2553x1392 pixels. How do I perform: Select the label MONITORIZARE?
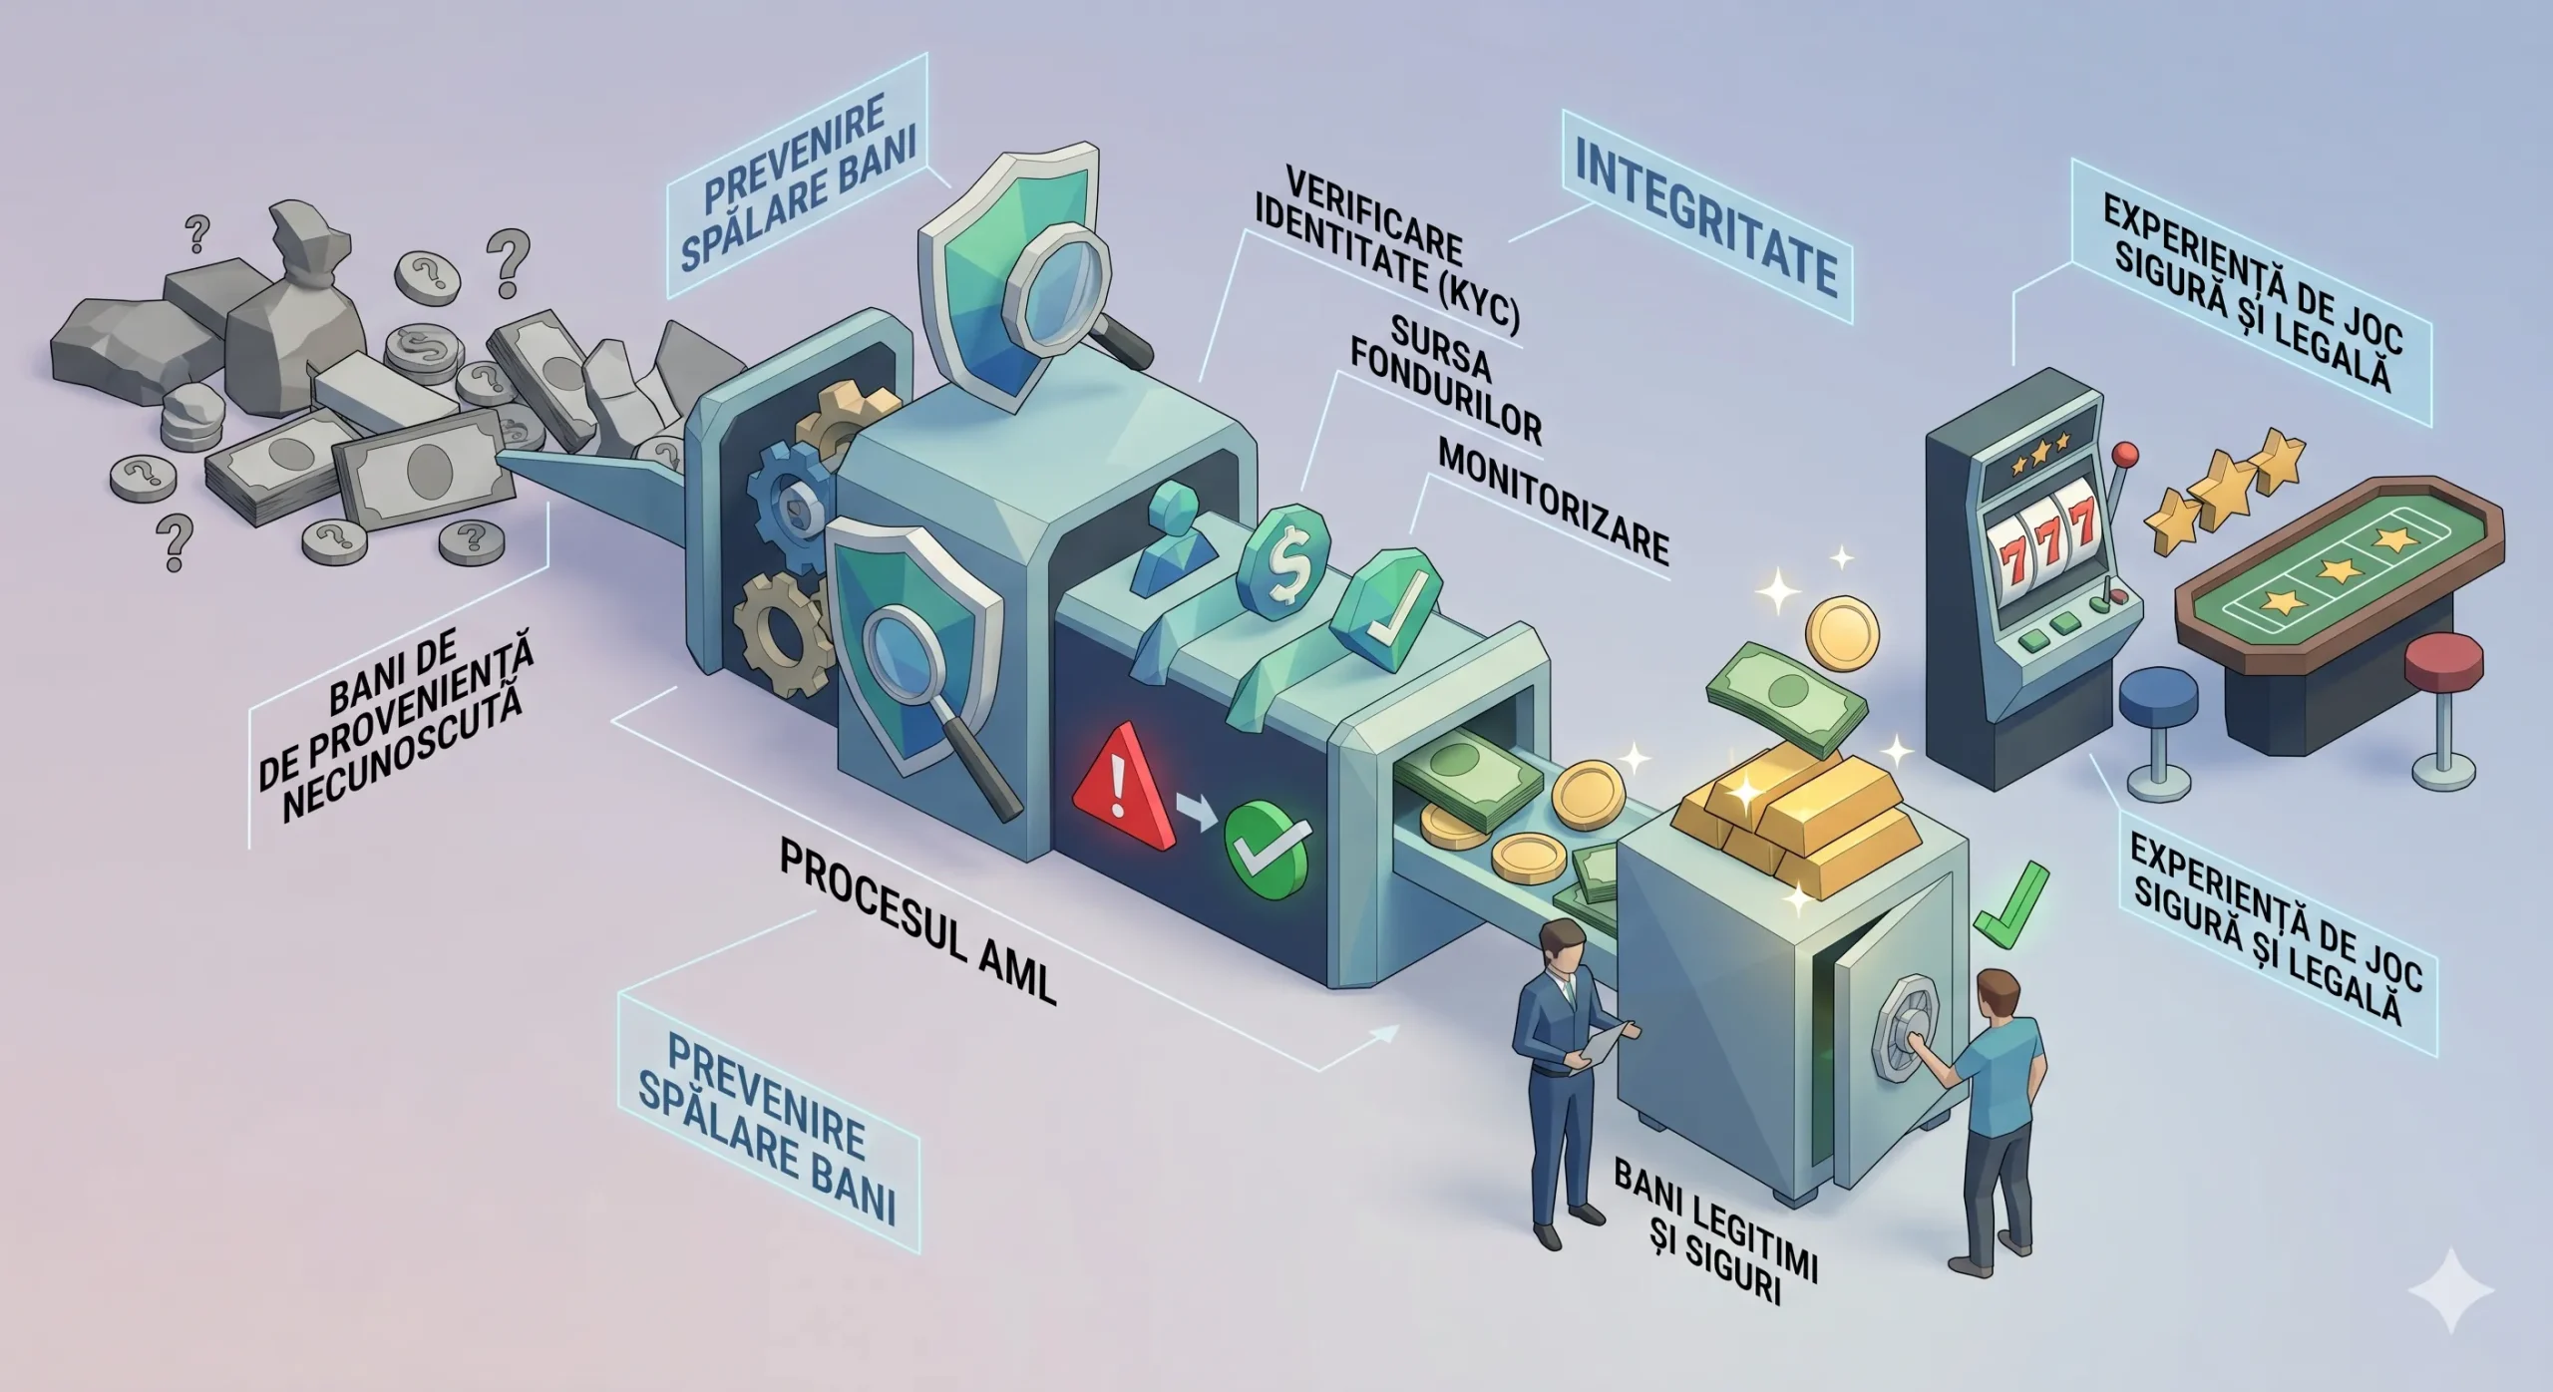point(1554,517)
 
